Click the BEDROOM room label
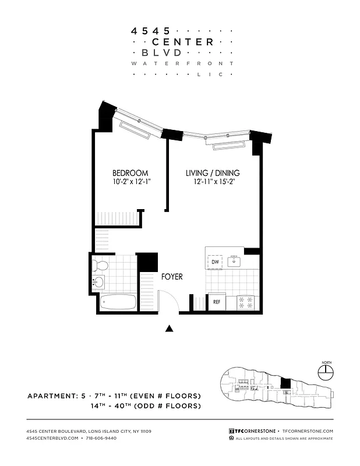[x=130, y=173]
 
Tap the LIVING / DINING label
[x=213, y=173]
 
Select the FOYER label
[x=172, y=277]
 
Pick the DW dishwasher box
[x=215, y=262]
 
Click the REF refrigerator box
[x=216, y=302]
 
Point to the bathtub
[x=118, y=303]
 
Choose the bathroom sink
[x=98, y=283]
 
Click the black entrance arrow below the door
[x=170, y=329]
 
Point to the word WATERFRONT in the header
[x=182, y=63]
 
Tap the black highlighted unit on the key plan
[x=285, y=383]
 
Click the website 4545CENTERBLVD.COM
[x=52, y=438]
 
